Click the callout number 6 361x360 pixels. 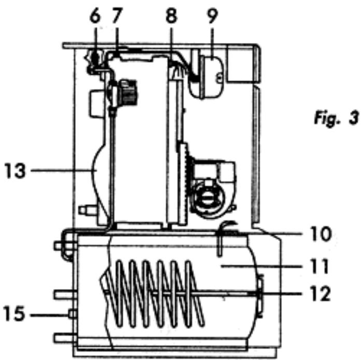pos(95,16)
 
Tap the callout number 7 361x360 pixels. pos(117,16)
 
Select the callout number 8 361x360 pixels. pos(171,16)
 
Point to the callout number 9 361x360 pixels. pos(212,16)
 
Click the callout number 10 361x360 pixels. pos(321,234)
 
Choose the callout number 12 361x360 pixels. pos(320,293)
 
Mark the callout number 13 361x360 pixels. pos(15,170)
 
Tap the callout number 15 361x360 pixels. pos(14,313)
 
